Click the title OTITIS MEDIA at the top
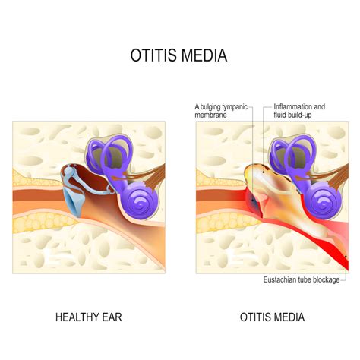pyautogui.click(x=178, y=55)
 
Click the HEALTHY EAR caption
pyautogui.click(x=89, y=317)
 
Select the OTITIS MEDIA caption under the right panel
pyautogui.click(x=272, y=317)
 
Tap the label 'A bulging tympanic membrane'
pyautogui.click(x=221, y=111)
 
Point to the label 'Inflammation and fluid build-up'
pyautogui.click(x=299, y=111)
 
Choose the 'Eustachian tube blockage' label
pyautogui.click(x=302, y=279)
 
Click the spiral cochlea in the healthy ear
pyautogui.click(x=142, y=201)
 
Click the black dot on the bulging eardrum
pyautogui.click(x=252, y=201)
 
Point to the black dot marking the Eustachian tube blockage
pyautogui.click(x=346, y=257)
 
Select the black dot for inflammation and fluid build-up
pyautogui.click(x=264, y=172)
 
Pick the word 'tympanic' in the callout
pyautogui.click(x=235, y=107)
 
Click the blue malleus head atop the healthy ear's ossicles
pyautogui.click(x=68, y=171)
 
